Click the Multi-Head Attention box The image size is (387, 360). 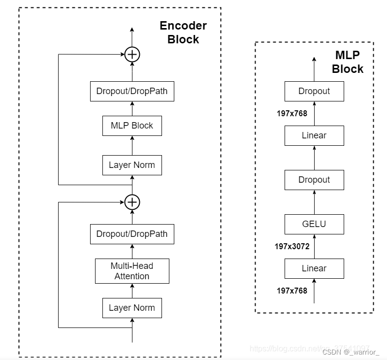(132, 271)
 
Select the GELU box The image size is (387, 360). (314, 224)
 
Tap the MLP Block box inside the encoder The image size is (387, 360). (132, 126)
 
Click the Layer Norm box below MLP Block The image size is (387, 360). (132, 165)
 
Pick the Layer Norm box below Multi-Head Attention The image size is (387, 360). (132, 308)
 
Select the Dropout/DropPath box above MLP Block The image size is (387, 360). (132, 91)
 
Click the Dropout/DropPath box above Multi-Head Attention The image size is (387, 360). (132, 234)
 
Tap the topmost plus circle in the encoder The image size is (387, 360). (132, 54)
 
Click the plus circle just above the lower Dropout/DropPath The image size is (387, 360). (132, 202)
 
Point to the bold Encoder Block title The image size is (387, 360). (183, 33)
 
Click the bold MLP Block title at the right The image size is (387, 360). (348, 62)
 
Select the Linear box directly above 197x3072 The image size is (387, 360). (314, 268)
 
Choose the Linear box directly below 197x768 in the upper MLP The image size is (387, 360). (314, 135)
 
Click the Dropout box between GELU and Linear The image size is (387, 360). (314, 180)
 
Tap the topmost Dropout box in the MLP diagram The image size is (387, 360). (314, 91)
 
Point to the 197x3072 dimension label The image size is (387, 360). (292, 246)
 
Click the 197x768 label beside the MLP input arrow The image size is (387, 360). (292, 291)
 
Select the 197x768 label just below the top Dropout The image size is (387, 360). (292, 113)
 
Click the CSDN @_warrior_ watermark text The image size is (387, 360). (351, 352)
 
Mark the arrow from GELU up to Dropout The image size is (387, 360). (314, 202)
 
